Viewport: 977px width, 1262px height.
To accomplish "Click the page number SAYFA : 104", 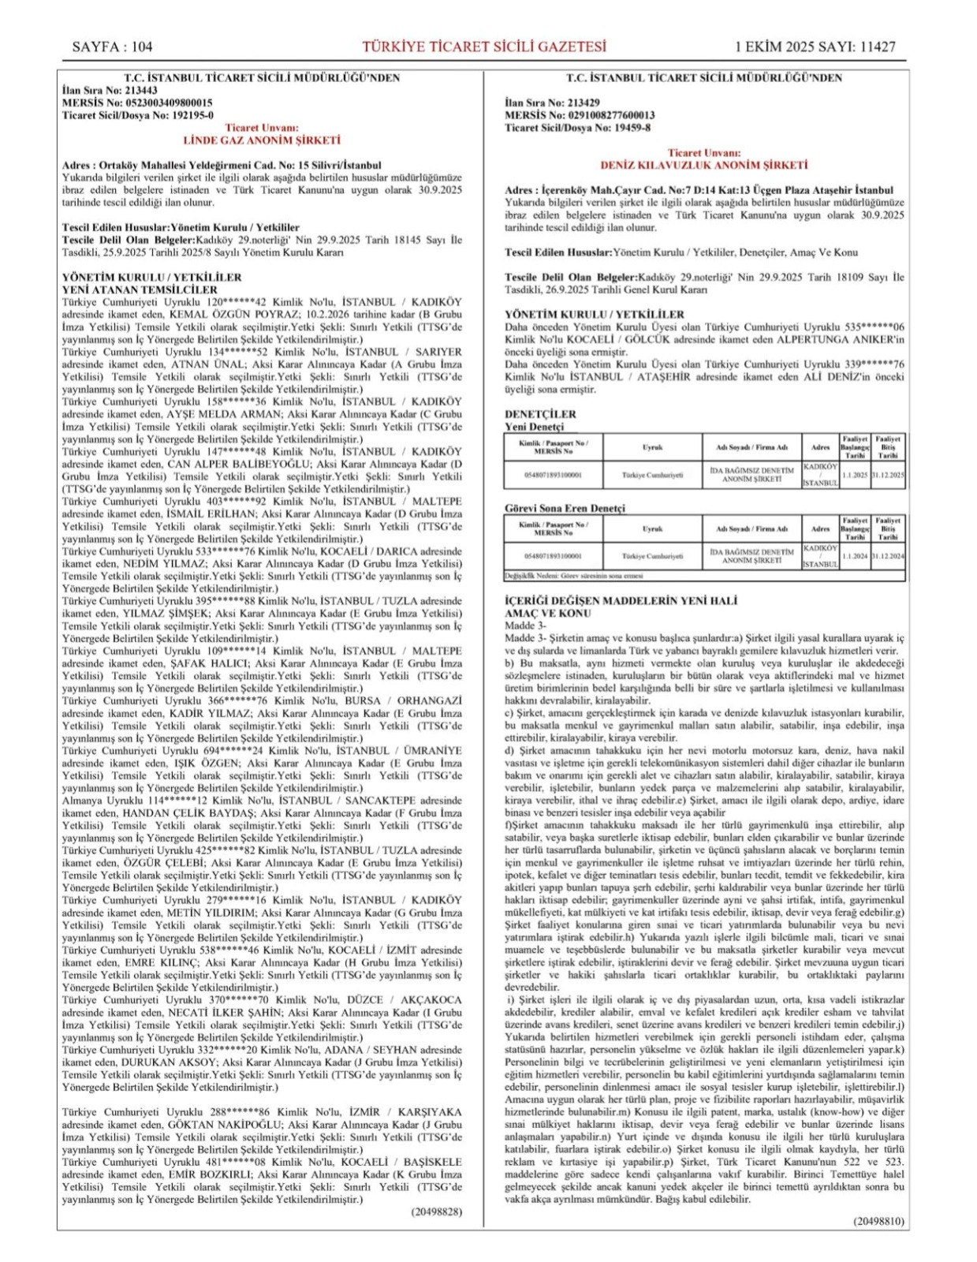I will point(112,47).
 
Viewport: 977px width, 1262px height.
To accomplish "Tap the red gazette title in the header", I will point(484,47).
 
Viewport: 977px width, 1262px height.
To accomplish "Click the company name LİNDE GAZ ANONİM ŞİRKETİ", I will point(262,140).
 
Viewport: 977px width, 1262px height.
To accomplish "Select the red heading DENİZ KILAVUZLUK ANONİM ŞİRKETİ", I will point(704,166).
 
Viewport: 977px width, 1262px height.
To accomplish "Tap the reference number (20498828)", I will point(436,1212).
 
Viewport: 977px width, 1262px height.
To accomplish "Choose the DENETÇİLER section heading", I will point(540,414).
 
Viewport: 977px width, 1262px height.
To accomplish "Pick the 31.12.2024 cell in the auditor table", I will point(888,556).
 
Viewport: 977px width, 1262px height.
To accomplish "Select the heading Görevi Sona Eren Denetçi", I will point(565,509).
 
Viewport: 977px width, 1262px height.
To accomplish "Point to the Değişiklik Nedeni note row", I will point(573,576).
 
